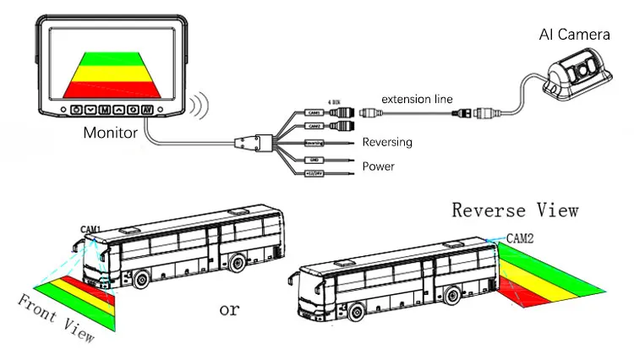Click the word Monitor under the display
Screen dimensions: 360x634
(110, 133)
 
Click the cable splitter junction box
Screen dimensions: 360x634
(250, 141)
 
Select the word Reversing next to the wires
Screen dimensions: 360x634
(386, 142)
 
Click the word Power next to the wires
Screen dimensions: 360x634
(378, 166)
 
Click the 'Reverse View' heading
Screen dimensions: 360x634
(515, 210)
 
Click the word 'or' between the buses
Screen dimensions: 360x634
(229, 309)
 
